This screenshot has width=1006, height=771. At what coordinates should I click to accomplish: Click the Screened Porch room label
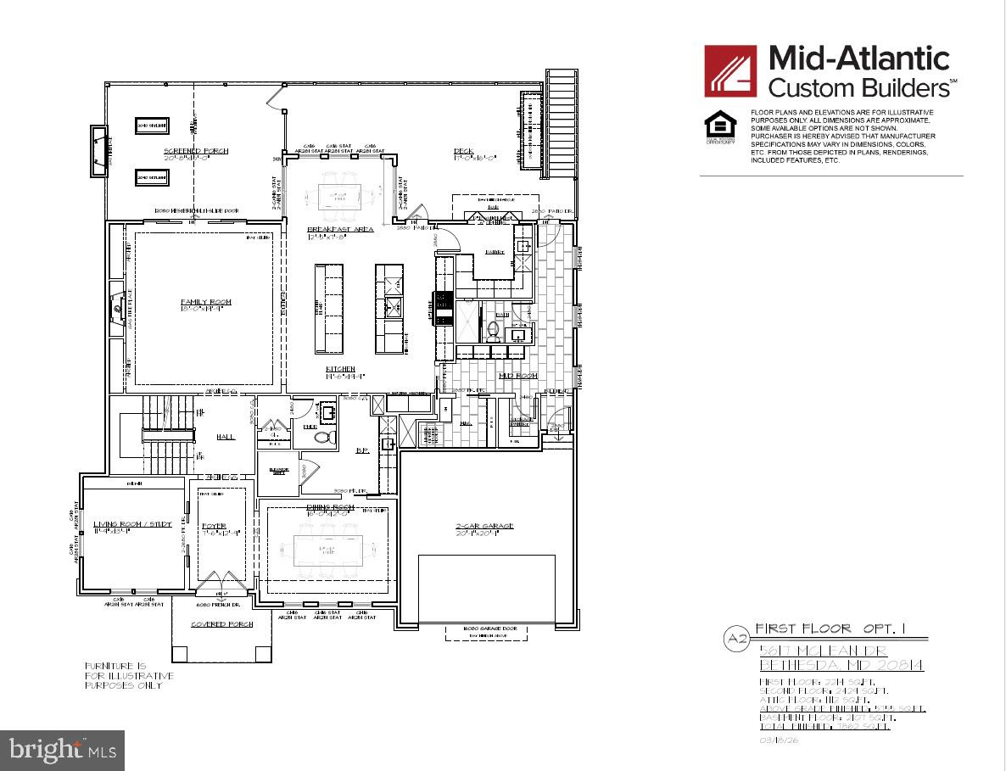(x=196, y=151)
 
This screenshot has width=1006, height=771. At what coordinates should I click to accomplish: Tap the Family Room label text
(x=205, y=302)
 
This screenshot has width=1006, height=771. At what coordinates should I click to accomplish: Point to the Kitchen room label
(x=341, y=370)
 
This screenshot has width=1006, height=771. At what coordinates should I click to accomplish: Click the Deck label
(x=469, y=151)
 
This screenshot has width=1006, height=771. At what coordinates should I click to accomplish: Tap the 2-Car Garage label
(x=484, y=526)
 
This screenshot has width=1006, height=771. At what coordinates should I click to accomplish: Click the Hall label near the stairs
(x=226, y=437)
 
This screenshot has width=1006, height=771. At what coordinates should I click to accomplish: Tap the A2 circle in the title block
(x=735, y=638)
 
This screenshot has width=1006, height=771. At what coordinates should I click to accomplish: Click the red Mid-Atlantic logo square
(x=730, y=71)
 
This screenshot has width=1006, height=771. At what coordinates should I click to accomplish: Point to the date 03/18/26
(x=780, y=740)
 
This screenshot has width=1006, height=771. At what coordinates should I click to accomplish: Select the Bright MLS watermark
(x=62, y=750)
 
